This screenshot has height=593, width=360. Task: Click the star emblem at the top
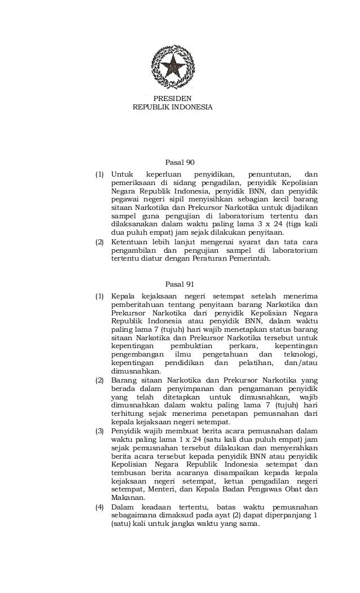pos(172,67)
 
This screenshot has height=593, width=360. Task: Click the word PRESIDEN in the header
pos(173,98)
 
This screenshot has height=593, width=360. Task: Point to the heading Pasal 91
pos(179,284)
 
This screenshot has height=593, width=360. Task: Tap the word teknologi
pos(297,354)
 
